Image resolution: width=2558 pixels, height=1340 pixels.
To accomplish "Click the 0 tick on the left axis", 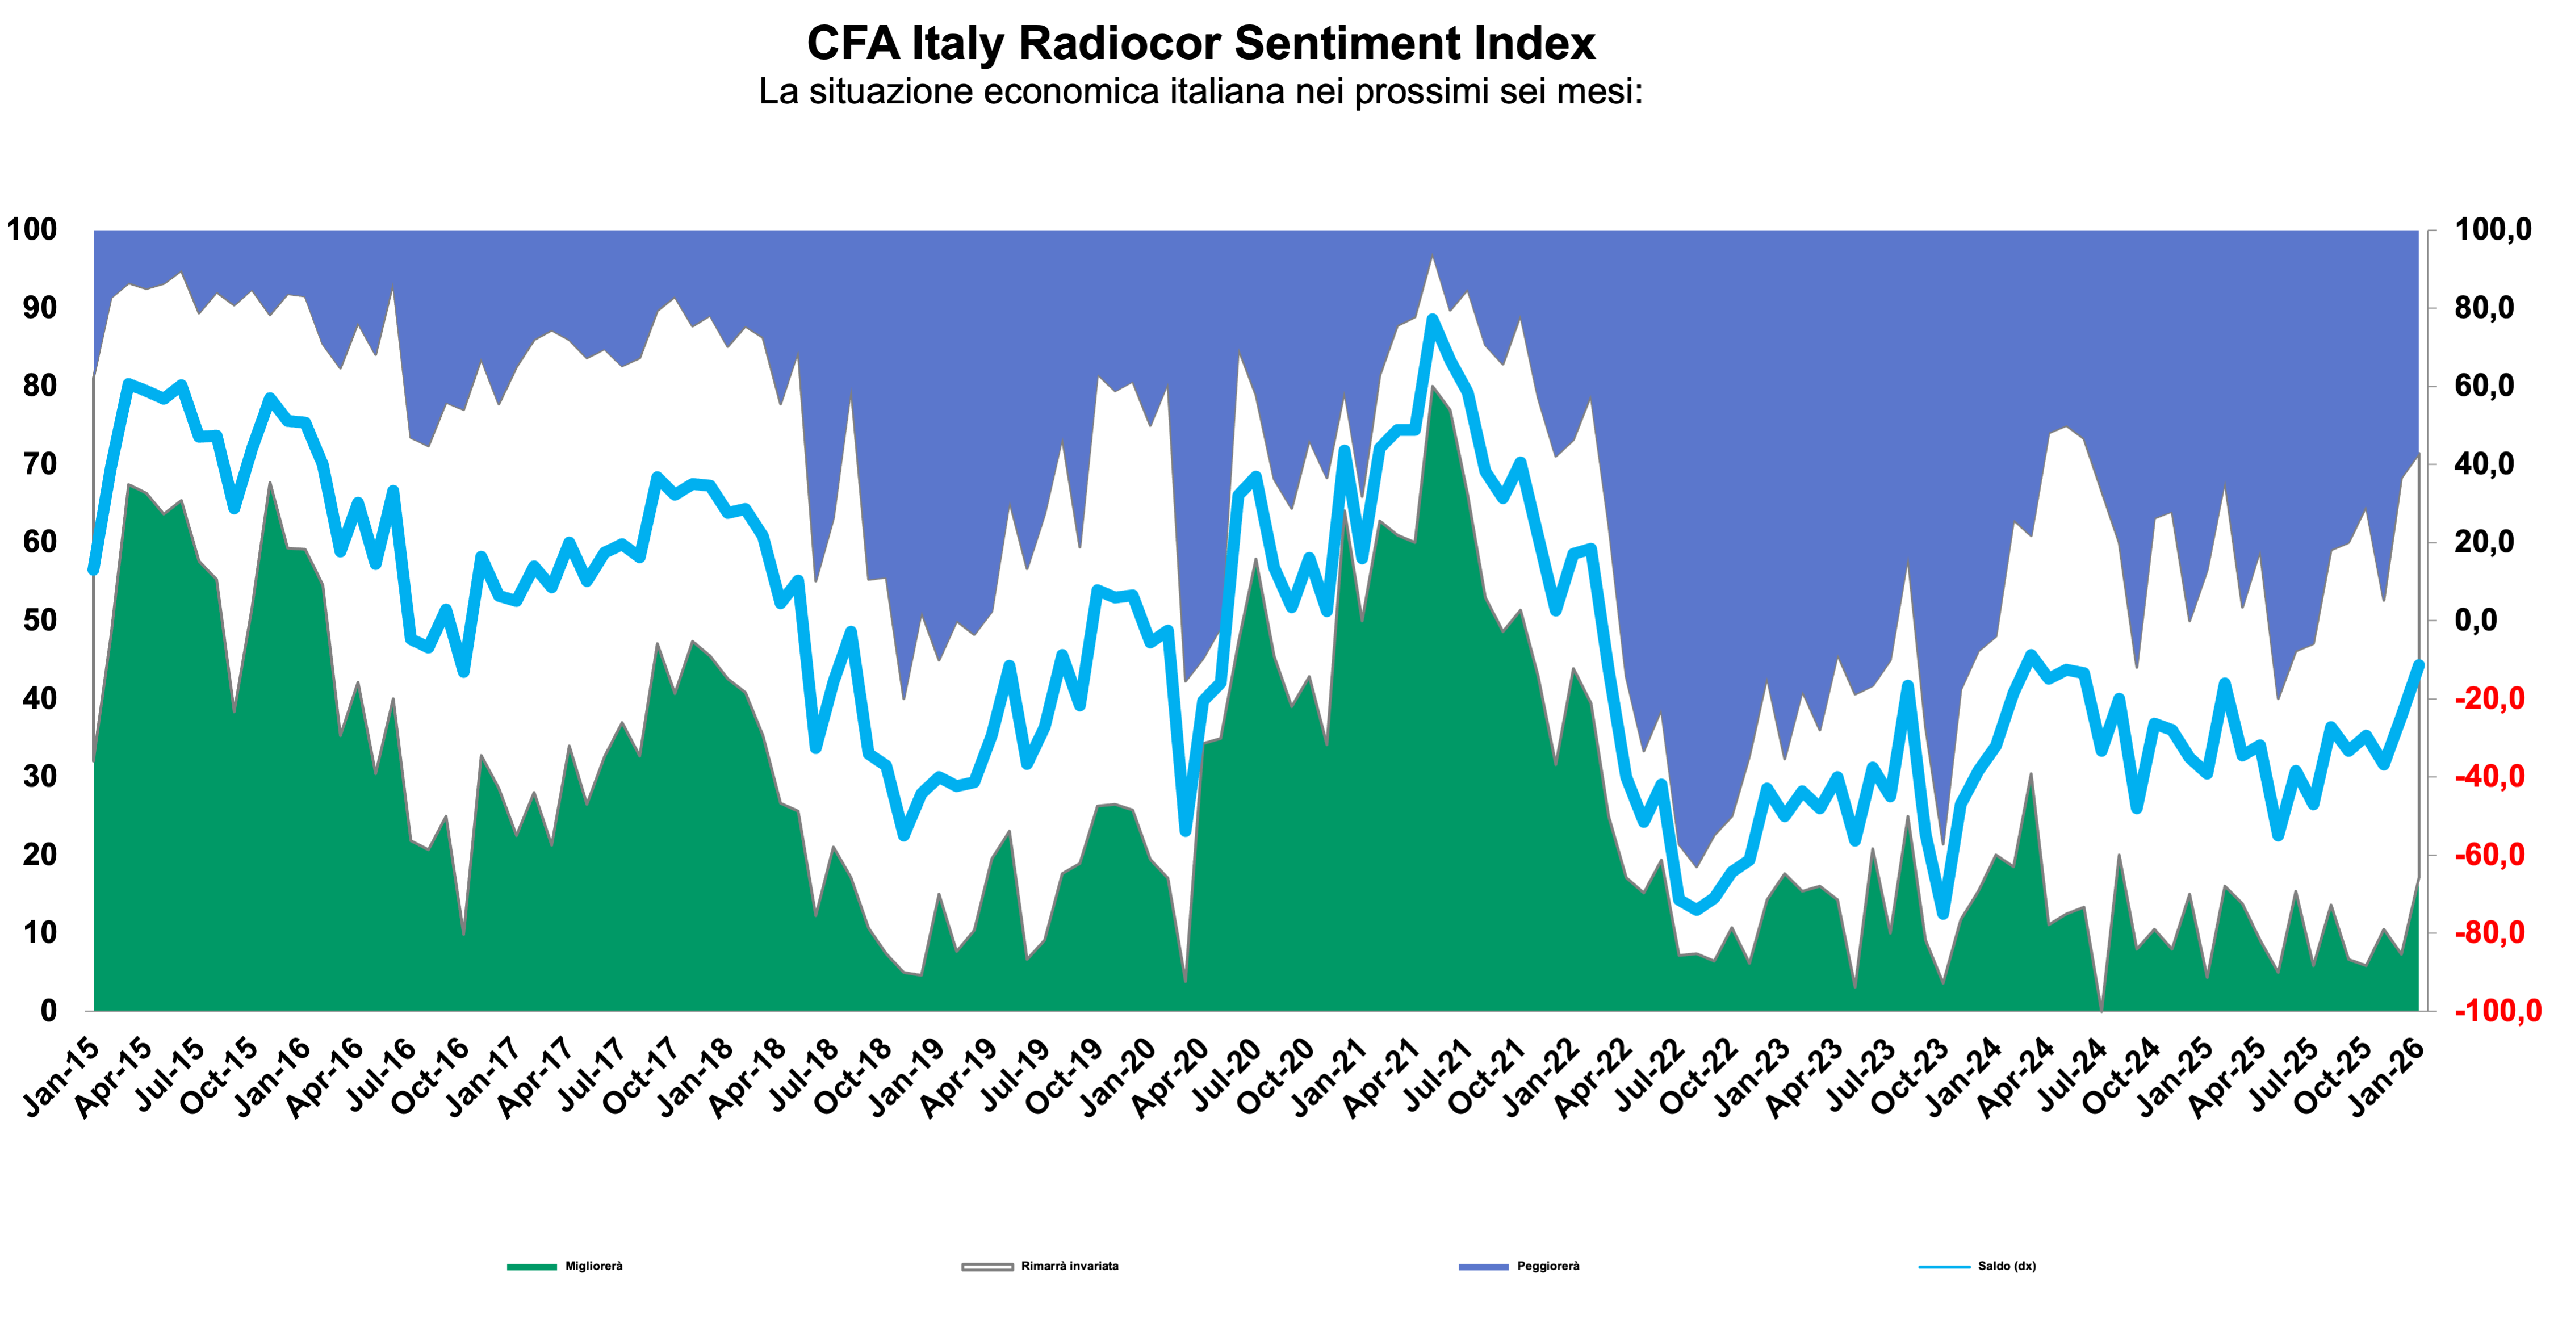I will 48,1011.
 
